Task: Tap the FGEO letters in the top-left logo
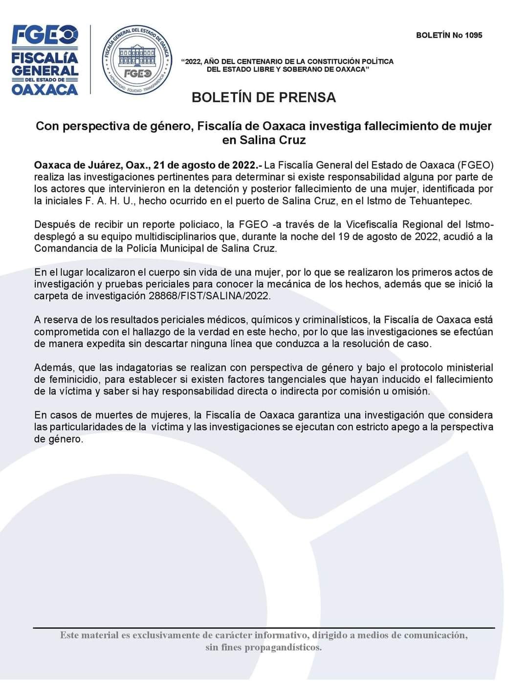[x=44, y=35]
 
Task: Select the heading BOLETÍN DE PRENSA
[x=264, y=97]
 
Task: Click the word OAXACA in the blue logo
[x=44, y=89]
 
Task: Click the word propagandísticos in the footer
[x=283, y=648]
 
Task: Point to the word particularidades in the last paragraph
[x=88, y=427]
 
